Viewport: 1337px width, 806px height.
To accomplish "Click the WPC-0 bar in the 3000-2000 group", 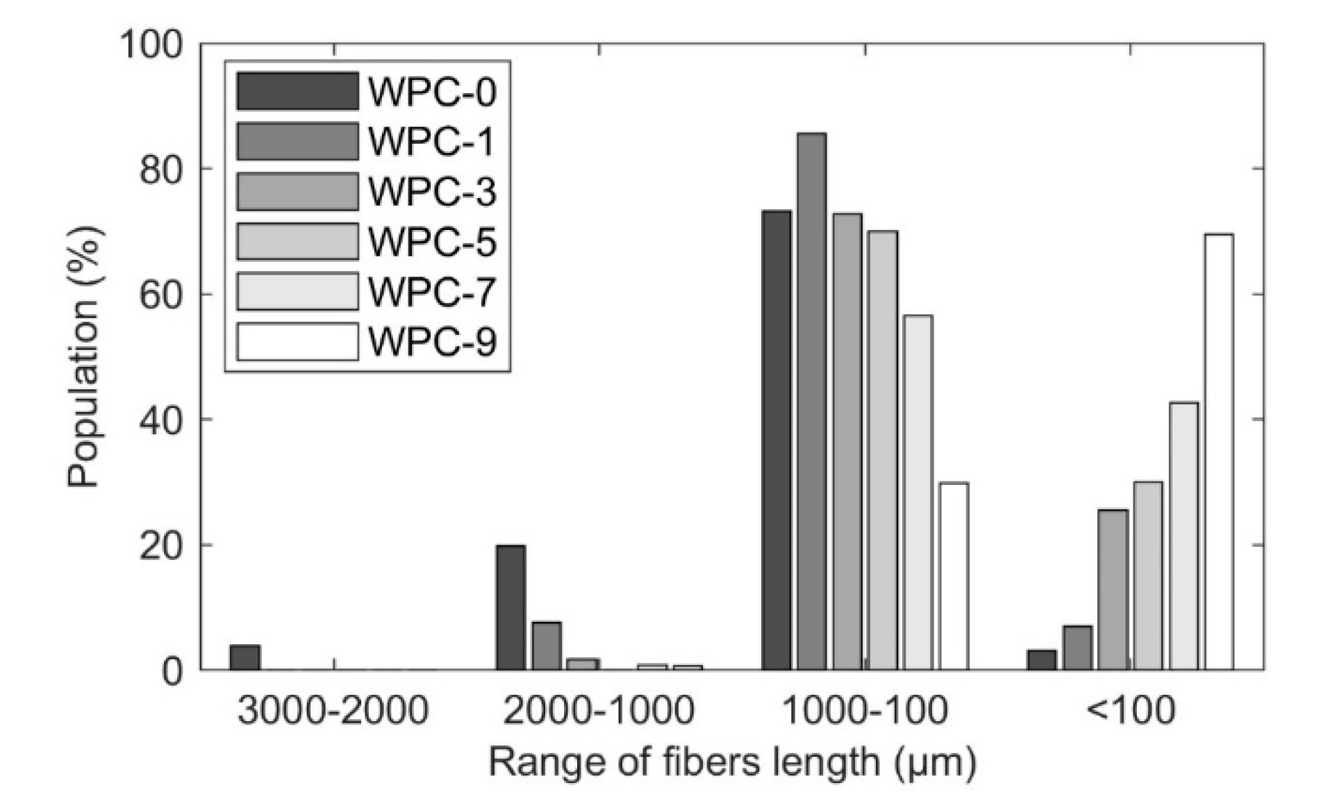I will pos(244,657).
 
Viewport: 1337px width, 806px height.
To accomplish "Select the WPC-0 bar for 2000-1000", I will pos(510,607).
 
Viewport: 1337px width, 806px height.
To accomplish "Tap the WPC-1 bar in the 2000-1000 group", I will pos(547,645).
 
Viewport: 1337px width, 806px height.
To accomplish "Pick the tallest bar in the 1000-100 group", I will pos(811,401).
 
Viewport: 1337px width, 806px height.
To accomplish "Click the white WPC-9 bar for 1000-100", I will pos(954,576).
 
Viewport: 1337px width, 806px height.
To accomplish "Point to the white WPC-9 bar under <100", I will pos(1219,452).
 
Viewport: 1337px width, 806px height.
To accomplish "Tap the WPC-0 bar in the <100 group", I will pos(1042,659).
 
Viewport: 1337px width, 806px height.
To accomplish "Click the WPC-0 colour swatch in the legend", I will pos(297,92).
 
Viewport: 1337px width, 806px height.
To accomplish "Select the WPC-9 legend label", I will pos(432,342).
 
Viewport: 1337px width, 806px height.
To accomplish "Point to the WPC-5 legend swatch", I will pos(297,242).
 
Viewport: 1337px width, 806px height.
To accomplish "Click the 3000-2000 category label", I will pos(333,710).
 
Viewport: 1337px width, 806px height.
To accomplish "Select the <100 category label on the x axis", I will pos(1130,710).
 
